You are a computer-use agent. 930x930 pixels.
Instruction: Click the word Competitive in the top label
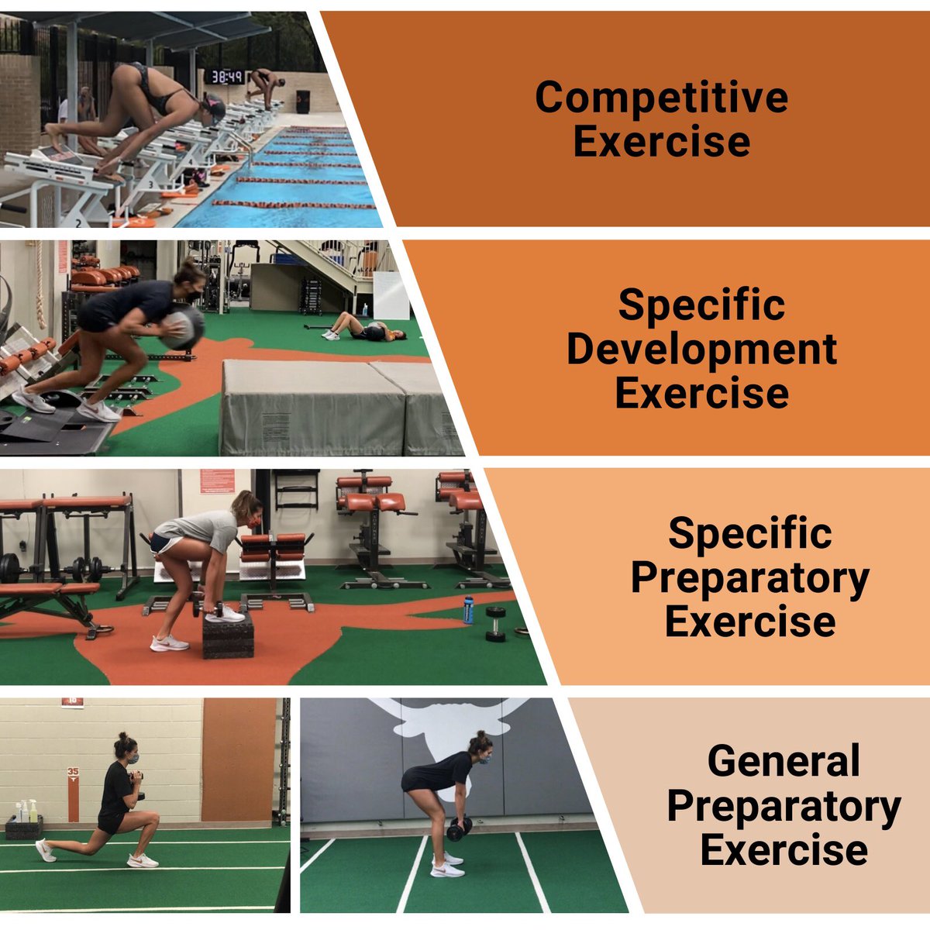tap(661, 98)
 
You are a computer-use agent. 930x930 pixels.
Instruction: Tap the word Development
tap(701, 350)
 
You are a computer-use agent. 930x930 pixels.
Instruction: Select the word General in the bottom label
tap(784, 761)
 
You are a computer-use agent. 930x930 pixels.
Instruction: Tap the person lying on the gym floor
tap(365, 330)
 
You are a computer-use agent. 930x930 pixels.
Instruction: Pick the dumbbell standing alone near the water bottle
tap(495, 624)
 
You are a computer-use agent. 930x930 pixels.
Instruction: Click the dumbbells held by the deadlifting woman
tap(459, 828)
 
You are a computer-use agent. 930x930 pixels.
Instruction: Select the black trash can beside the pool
tap(303, 102)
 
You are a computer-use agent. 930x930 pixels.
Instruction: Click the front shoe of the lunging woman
tap(143, 861)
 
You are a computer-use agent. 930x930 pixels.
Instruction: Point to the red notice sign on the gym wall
tap(216, 480)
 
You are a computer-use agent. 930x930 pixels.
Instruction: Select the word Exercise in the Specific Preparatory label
tap(749, 622)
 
